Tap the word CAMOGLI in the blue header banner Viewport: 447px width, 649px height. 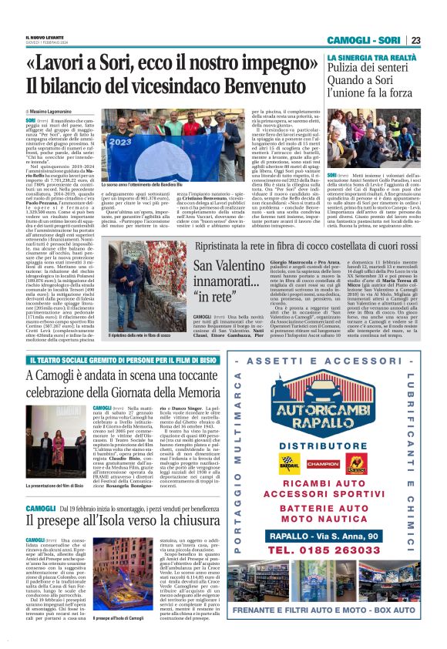point(351,40)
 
